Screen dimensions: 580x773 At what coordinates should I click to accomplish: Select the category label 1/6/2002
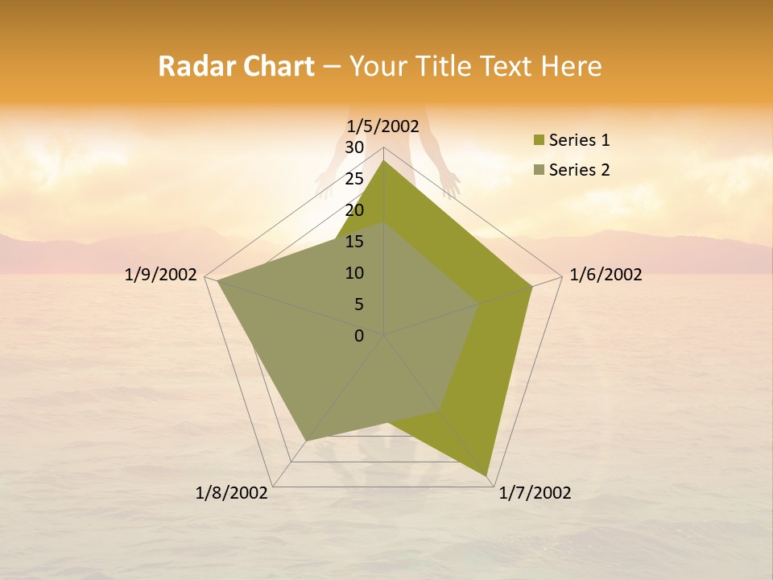tap(606, 275)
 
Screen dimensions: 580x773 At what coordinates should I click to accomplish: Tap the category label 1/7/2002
tap(535, 493)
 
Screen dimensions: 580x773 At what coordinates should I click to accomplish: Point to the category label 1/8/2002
tap(232, 493)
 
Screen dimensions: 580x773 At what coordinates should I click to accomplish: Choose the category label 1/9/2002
tap(161, 275)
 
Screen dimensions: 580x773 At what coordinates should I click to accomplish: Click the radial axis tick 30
tap(354, 147)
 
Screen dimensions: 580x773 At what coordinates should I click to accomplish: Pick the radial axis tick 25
tap(354, 179)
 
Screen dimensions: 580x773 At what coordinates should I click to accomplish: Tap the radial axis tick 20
tap(354, 210)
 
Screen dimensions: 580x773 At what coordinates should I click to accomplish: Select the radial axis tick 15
tap(354, 242)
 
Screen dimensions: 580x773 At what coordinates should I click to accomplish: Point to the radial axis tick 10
tap(354, 273)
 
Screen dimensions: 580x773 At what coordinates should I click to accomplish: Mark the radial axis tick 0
tap(359, 336)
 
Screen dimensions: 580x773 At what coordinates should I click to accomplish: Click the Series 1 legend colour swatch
tap(539, 141)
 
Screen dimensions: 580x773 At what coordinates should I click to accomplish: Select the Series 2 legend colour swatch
tap(539, 170)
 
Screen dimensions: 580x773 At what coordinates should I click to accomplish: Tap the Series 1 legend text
tap(579, 141)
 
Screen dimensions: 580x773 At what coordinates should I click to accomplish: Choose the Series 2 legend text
tap(579, 170)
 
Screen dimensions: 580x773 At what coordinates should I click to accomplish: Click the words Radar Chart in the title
tap(236, 67)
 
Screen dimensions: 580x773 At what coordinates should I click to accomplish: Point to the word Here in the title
tap(571, 67)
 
